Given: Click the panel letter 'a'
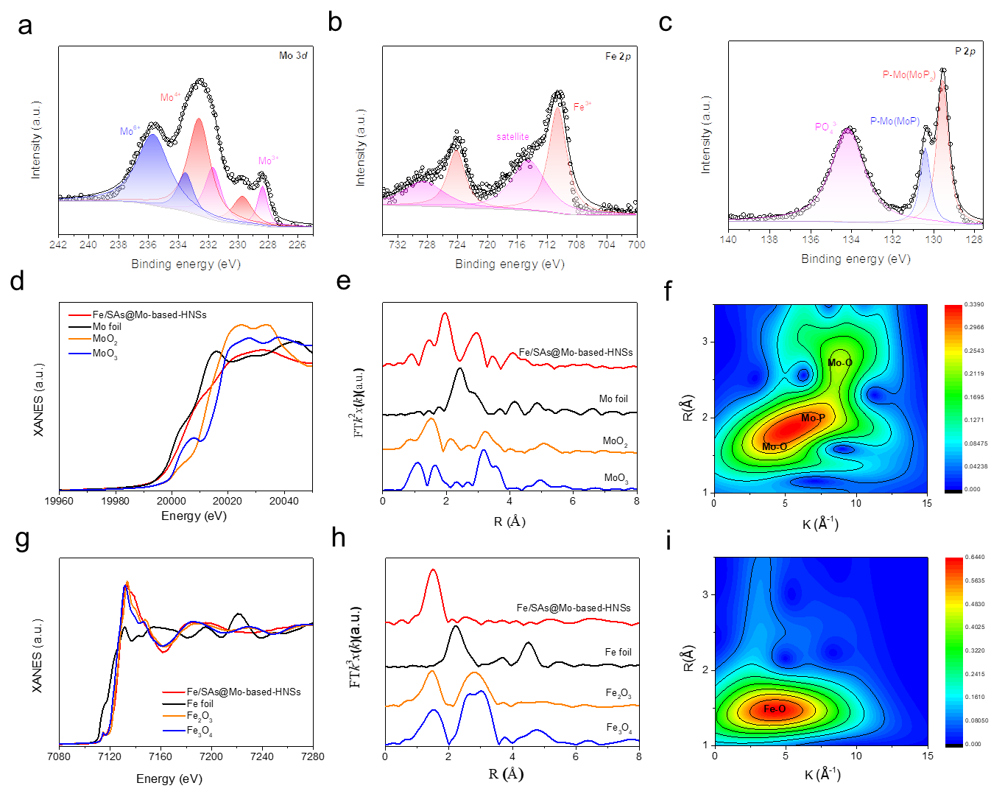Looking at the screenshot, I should point(25,27).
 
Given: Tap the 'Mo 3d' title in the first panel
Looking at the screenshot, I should point(293,55).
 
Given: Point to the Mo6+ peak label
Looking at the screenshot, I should point(130,131).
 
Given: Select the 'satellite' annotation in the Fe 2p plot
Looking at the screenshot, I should point(512,136).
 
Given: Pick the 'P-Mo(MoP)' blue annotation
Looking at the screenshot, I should point(895,121).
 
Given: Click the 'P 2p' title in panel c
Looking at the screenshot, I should point(965,51).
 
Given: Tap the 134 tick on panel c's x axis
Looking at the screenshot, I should point(851,239).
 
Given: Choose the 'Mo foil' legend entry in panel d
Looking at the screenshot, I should point(107,326).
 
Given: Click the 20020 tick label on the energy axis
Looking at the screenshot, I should point(228,501).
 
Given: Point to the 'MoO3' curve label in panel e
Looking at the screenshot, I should point(616,478).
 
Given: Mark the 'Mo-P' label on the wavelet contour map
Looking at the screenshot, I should point(813,418).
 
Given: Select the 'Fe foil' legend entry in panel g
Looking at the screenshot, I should point(200,703).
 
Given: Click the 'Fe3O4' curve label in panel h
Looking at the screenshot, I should point(619,728).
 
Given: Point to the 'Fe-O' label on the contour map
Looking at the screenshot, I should point(775,709).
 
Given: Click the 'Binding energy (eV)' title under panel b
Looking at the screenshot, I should point(509,264).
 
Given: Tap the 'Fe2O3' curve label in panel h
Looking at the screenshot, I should point(618,694).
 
